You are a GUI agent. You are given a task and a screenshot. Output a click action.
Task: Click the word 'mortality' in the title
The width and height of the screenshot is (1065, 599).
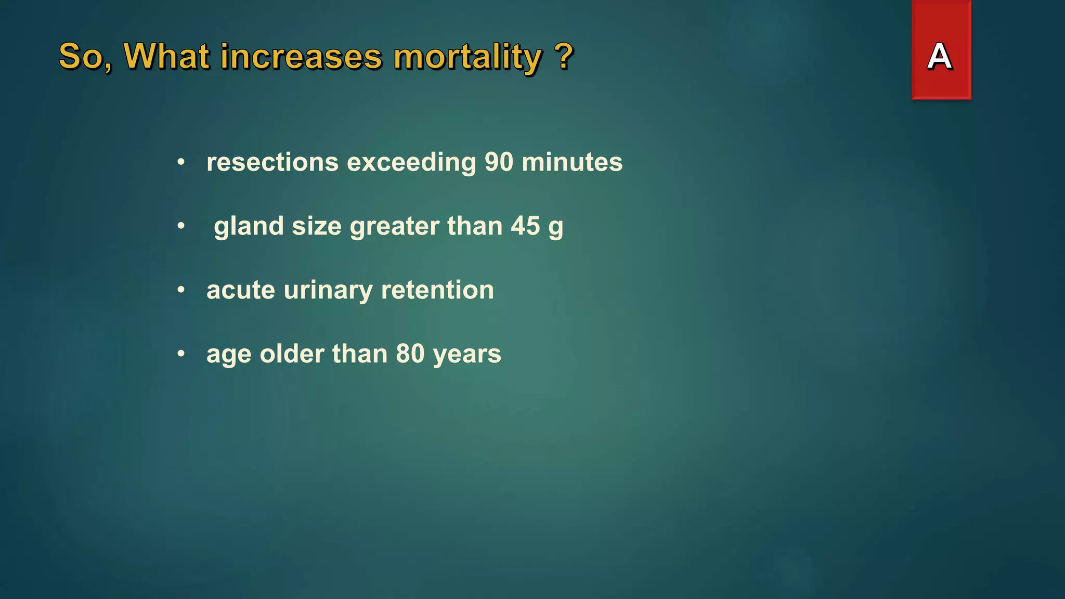coord(467,57)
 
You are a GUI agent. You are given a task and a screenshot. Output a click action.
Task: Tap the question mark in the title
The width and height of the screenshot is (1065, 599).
coord(564,56)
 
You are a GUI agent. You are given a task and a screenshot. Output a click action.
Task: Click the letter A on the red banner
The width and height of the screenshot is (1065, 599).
coord(940,56)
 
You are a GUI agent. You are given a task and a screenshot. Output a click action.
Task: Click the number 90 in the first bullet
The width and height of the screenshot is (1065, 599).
coord(499,162)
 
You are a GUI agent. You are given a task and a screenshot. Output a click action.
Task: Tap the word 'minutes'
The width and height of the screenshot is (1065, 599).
coord(572,162)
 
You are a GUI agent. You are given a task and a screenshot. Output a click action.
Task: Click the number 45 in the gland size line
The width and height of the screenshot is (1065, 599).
coord(525,226)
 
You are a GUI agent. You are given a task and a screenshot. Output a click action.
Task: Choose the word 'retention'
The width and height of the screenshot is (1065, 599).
coord(437,290)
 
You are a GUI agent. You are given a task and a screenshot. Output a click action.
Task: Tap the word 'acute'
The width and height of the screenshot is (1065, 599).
coord(240,291)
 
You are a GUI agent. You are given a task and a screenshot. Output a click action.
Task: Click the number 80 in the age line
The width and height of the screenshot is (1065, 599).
coord(410,354)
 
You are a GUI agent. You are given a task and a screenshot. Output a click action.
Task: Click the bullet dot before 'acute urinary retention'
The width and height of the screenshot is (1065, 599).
coord(181,290)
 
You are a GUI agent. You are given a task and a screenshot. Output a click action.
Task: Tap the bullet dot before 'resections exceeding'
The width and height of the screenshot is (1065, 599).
coord(181,162)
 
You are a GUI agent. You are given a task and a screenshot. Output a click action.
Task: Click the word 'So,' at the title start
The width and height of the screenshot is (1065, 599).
coord(85,57)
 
